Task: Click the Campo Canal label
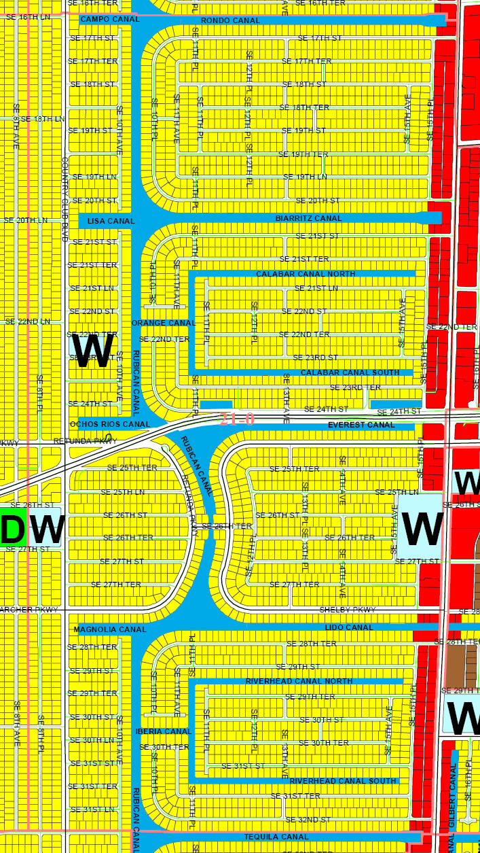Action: point(109,20)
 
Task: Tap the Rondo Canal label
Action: point(230,21)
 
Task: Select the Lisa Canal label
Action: point(111,222)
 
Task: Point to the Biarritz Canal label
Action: point(309,219)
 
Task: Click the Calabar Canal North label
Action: point(305,274)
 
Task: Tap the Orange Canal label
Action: point(164,323)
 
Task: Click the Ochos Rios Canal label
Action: point(110,424)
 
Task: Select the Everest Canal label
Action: point(361,425)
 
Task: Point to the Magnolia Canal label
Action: point(110,630)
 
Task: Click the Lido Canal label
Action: point(349,627)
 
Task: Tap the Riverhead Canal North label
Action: point(299,681)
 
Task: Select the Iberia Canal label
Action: point(164,731)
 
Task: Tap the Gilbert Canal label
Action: point(452,795)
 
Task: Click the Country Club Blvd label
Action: point(66,200)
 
